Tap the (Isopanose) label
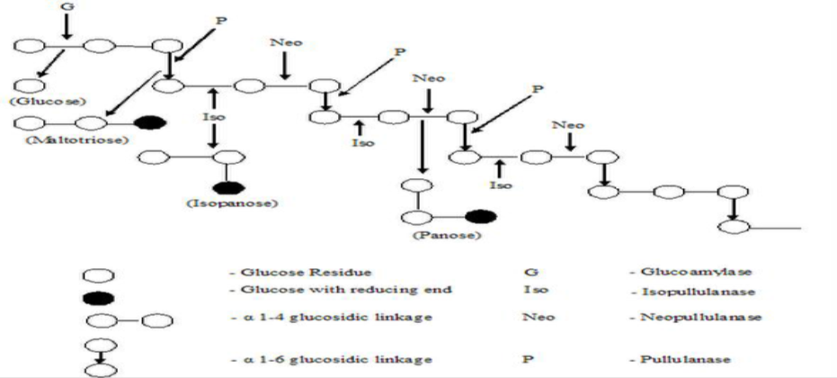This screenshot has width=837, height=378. [x=231, y=204]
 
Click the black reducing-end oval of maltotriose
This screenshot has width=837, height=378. [x=144, y=122]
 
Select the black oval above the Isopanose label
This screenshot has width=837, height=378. [x=230, y=187]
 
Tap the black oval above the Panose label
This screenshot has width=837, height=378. [x=479, y=217]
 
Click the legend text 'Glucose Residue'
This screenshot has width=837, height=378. [x=280, y=270]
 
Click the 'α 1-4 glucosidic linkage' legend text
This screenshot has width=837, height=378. [x=301, y=318]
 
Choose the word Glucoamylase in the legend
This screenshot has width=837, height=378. [x=683, y=270]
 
